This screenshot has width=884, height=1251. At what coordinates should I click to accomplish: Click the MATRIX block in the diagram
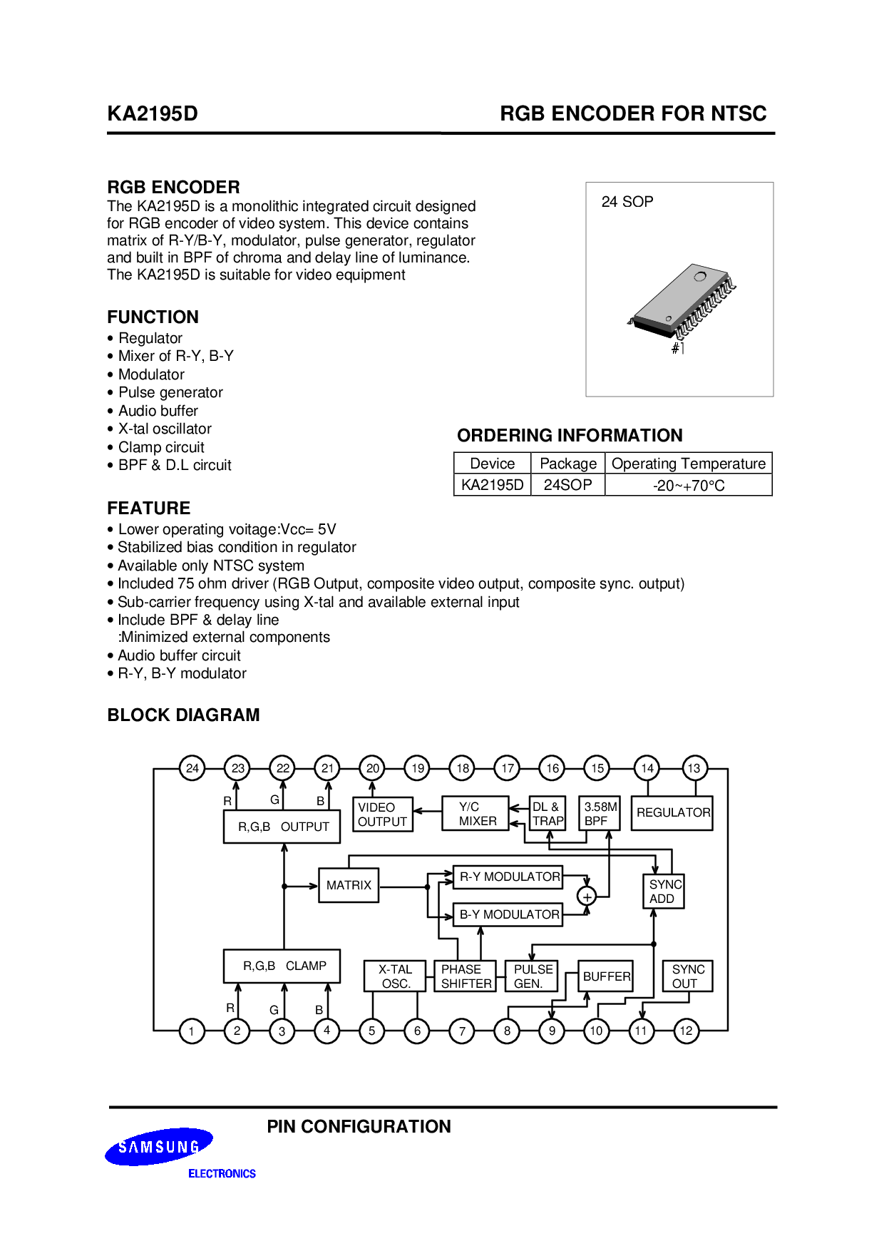(349, 885)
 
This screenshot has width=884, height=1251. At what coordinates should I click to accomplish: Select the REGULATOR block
(672, 813)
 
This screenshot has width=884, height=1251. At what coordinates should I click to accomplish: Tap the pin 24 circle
(192, 768)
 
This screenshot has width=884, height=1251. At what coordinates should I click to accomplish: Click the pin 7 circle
(462, 1031)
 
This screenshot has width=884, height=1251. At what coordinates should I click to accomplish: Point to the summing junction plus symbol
(587, 897)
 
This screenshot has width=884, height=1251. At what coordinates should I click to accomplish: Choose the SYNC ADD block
(664, 892)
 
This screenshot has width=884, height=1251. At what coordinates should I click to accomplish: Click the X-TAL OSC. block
(395, 976)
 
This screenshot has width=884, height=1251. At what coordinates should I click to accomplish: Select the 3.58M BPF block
(600, 814)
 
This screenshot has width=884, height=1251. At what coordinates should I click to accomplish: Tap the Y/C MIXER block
(476, 814)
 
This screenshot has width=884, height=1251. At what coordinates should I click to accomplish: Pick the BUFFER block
(606, 976)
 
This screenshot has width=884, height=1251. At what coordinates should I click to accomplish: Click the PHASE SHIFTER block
(465, 976)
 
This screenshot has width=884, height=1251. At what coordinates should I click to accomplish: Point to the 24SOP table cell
(568, 485)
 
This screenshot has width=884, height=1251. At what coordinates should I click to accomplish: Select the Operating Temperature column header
(689, 464)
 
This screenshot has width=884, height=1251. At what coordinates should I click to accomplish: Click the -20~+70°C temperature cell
(689, 485)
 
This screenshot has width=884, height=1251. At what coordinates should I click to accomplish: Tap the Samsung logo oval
(159, 1147)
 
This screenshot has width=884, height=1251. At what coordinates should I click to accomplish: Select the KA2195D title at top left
(153, 113)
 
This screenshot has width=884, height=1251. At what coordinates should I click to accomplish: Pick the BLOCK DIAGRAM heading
(183, 715)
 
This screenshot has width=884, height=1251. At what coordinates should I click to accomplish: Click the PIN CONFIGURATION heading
(359, 1127)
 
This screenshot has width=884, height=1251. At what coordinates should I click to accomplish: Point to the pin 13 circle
(694, 768)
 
